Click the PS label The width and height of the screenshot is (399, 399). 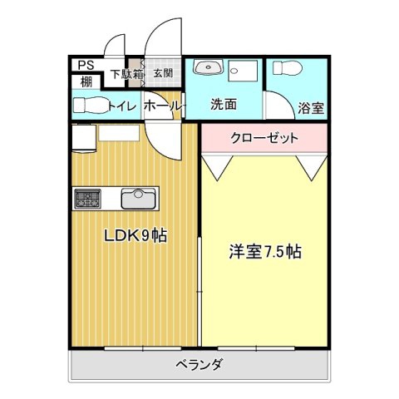[x=86, y=66]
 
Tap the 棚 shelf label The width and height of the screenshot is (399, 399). [x=86, y=82]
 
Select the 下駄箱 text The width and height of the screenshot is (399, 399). [x=127, y=74]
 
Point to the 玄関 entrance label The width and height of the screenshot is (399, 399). [x=163, y=73]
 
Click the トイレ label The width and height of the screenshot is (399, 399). [x=123, y=106]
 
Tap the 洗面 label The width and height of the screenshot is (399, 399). [x=224, y=105]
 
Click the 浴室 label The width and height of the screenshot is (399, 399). [x=311, y=108]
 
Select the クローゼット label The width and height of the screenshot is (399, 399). [x=264, y=138]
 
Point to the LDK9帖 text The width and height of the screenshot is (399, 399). [x=135, y=236]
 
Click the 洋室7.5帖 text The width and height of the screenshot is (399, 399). [x=265, y=252]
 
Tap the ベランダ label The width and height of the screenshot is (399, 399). [x=199, y=364]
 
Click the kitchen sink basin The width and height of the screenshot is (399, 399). [x=138, y=199]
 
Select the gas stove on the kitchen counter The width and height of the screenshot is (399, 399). [x=86, y=199]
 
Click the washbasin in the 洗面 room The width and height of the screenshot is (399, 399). [x=209, y=67]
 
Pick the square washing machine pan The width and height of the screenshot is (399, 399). [x=244, y=71]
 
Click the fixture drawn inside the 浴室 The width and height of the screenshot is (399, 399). [x=287, y=68]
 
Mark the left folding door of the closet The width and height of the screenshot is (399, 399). [x=218, y=168]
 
